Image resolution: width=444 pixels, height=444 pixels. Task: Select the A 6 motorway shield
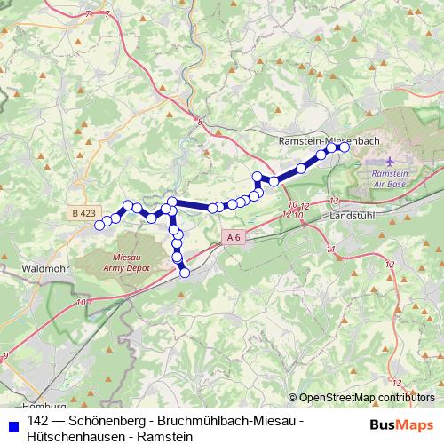pyautogui.click(x=233, y=237)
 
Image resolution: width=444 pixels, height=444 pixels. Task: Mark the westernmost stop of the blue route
pyautogui.click(x=99, y=224)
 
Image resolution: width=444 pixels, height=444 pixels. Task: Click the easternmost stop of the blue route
pyautogui.click(x=345, y=147)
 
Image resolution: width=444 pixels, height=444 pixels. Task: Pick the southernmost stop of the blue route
pyautogui.click(x=185, y=273)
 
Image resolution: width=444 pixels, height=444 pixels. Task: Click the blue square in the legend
pyautogui.click(x=12, y=420)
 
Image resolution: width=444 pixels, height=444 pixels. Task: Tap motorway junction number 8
pyautogui.click(x=201, y=121)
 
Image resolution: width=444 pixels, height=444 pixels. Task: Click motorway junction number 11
pyautogui.click(x=330, y=250)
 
